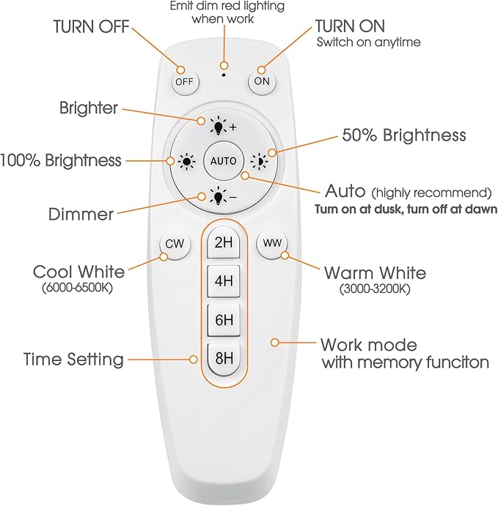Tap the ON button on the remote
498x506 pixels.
click(262, 81)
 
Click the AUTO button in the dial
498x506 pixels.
click(223, 160)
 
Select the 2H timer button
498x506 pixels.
click(224, 242)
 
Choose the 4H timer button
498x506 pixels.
click(224, 281)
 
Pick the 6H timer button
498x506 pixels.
click(224, 320)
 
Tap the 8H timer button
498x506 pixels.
click(224, 359)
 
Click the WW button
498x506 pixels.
click(272, 243)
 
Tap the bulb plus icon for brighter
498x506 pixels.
click(223, 126)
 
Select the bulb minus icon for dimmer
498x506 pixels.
click(223, 196)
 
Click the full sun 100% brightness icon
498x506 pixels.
click(187, 160)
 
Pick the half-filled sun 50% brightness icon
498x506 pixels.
click(260, 160)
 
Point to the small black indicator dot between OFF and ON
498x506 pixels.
click(224, 75)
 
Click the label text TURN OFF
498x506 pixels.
click(92, 26)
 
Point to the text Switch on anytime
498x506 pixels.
click(368, 42)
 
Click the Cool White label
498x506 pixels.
click(78, 272)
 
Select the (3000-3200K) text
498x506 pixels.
click(375, 289)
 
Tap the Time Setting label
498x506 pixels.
click(73, 359)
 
